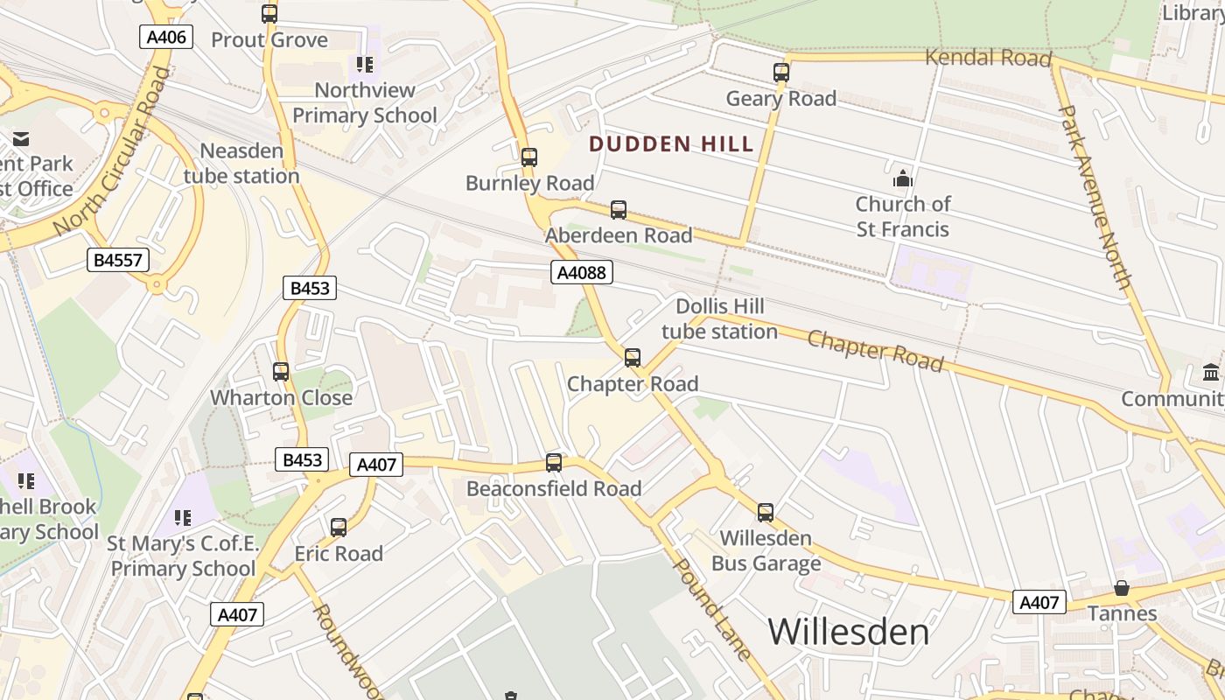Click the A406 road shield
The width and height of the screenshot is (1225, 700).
165,37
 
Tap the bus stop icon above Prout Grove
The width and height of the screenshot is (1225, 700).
269,14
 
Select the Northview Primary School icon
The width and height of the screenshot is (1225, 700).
365,64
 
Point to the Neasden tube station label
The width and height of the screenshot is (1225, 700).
241,164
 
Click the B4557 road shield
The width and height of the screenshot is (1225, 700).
118,260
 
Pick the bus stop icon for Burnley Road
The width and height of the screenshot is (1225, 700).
528,157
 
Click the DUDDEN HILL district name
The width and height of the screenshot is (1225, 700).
671,144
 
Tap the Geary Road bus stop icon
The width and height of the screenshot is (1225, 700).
781,73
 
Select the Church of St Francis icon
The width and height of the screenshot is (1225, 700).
902,179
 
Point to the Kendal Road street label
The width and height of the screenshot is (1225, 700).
988,59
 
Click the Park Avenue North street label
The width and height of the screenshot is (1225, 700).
1095,197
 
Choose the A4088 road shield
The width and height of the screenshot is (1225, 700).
582,272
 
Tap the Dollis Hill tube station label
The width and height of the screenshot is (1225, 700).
719,319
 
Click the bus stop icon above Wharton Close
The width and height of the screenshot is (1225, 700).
281,372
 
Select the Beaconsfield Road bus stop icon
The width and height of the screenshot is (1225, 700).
554,463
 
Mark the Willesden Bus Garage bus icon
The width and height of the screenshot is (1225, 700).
766,513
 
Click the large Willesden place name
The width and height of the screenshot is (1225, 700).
849,631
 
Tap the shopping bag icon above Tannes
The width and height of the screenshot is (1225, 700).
1122,588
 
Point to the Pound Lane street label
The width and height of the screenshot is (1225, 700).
711,609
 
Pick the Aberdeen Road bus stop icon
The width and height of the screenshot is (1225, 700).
619,210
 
